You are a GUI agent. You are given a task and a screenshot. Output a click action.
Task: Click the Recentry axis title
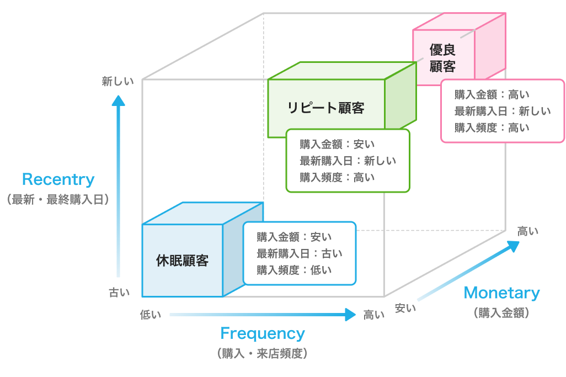tap(58, 180)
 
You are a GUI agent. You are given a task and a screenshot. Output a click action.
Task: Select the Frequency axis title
tap(262, 333)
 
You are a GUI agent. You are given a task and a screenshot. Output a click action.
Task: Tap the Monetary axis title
tap(501, 293)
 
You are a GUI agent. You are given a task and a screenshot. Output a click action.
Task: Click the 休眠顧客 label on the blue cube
tap(182, 261)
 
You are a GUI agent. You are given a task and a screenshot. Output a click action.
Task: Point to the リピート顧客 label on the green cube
tap(326, 108)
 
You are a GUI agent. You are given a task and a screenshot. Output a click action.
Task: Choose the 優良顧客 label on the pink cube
tap(442, 58)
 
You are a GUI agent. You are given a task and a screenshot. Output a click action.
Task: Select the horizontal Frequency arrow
tap(263, 315)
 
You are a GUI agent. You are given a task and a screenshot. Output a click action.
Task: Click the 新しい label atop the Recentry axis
tap(118, 82)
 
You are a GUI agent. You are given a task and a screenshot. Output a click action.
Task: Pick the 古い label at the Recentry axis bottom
tap(119, 293)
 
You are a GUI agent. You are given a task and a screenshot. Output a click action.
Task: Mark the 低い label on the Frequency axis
tap(151, 315)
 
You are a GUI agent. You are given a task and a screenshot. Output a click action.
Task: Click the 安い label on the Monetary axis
tap(405, 308)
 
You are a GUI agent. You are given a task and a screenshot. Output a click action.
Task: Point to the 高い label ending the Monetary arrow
tap(528, 231)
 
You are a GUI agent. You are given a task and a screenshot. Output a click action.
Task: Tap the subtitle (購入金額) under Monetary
tap(501, 313)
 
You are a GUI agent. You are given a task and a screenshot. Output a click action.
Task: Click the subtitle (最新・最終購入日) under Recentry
tap(58, 199)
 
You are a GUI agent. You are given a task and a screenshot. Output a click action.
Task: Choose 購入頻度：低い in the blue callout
tap(294, 270)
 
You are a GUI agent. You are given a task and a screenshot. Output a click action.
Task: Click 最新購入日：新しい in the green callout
tap(348, 161)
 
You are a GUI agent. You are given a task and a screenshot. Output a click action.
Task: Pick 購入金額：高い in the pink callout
tap(492, 94)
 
